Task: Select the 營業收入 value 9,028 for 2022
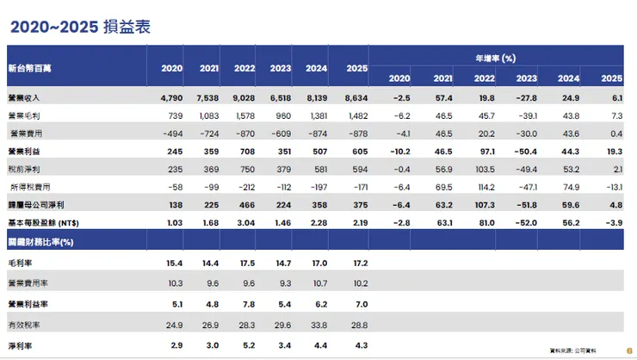pos(244,98)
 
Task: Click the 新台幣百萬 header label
pos(28,67)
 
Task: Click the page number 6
pos(630,350)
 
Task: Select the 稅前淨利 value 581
pos(318,169)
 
